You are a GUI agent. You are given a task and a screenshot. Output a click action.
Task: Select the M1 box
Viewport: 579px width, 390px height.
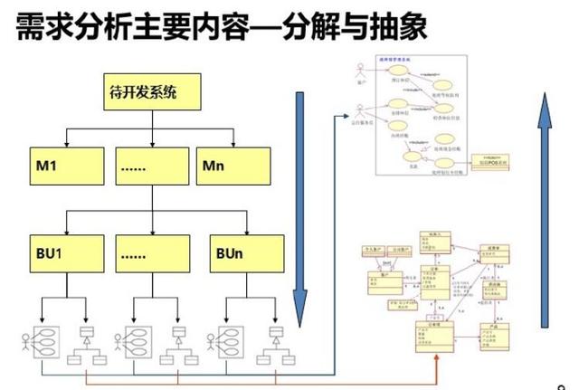coord(66,166)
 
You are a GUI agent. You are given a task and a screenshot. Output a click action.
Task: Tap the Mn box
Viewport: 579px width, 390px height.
coord(234,166)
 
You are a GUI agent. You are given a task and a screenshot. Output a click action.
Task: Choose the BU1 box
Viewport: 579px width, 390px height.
coord(66,252)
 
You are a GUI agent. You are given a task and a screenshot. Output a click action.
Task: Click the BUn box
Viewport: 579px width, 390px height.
coord(234,252)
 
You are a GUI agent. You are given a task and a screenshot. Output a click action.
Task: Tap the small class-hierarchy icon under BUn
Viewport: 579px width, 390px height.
coord(274,340)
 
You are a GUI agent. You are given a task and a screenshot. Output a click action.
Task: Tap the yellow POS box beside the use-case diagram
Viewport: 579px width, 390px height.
coord(489,163)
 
